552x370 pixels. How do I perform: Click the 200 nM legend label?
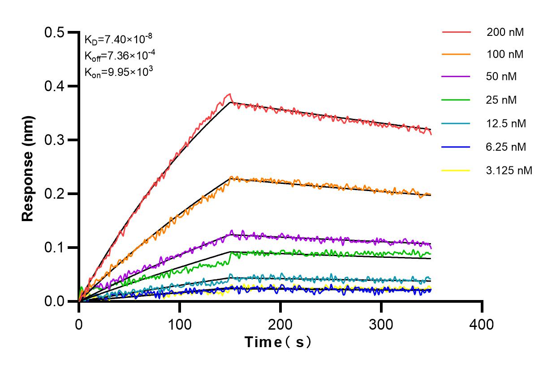(x=505, y=32)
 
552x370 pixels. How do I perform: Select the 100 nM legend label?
(x=505, y=55)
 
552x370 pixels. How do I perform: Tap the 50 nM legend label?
(x=501, y=77)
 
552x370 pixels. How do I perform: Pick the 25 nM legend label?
(x=501, y=100)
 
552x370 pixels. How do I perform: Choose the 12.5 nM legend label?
(x=506, y=123)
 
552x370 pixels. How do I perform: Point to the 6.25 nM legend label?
(x=506, y=147)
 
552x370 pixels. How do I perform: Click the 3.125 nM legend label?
(x=509, y=170)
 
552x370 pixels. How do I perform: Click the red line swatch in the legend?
(x=456, y=32)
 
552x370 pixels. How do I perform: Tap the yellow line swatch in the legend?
(x=456, y=170)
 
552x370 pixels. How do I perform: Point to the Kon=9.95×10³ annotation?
(x=116, y=71)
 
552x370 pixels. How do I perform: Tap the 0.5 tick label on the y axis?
(x=55, y=32)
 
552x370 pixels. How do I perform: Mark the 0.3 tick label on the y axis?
(x=55, y=140)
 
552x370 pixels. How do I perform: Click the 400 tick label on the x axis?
(x=482, y=323)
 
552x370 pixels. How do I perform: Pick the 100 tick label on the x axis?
(x=180, y=323)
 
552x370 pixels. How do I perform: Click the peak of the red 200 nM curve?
(x=230, y=94)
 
